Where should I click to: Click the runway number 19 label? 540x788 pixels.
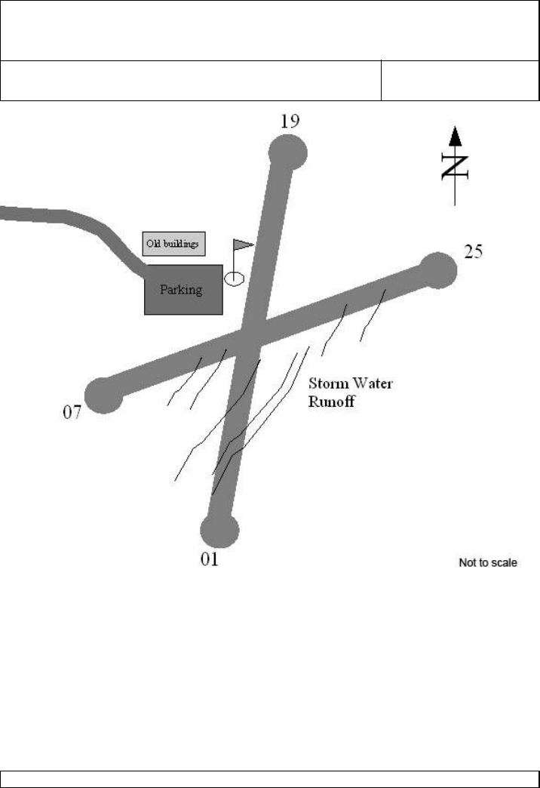point(289,122)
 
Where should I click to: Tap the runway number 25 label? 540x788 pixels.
point(473,251)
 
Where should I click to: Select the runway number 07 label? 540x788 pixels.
point(72,414)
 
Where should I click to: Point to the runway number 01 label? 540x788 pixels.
point(209,559)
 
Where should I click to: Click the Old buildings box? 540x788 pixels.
point(174,244)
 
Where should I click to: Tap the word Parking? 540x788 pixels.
point(182,289)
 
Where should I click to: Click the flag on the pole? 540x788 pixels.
point(244,245)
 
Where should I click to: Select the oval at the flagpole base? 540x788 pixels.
point(235,279)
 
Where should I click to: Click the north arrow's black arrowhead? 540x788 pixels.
point(455,137)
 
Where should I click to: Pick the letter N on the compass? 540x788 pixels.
point(455,166)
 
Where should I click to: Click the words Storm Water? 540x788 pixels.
point(351,384)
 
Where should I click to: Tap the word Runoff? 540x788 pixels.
point(331,402)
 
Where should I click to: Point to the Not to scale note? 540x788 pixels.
point(488,562)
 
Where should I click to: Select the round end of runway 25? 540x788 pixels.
point(437,270)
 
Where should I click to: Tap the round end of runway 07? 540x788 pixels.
point(104,394)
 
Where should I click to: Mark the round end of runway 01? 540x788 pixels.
point(220,529)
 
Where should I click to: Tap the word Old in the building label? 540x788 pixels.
point(153,244)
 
